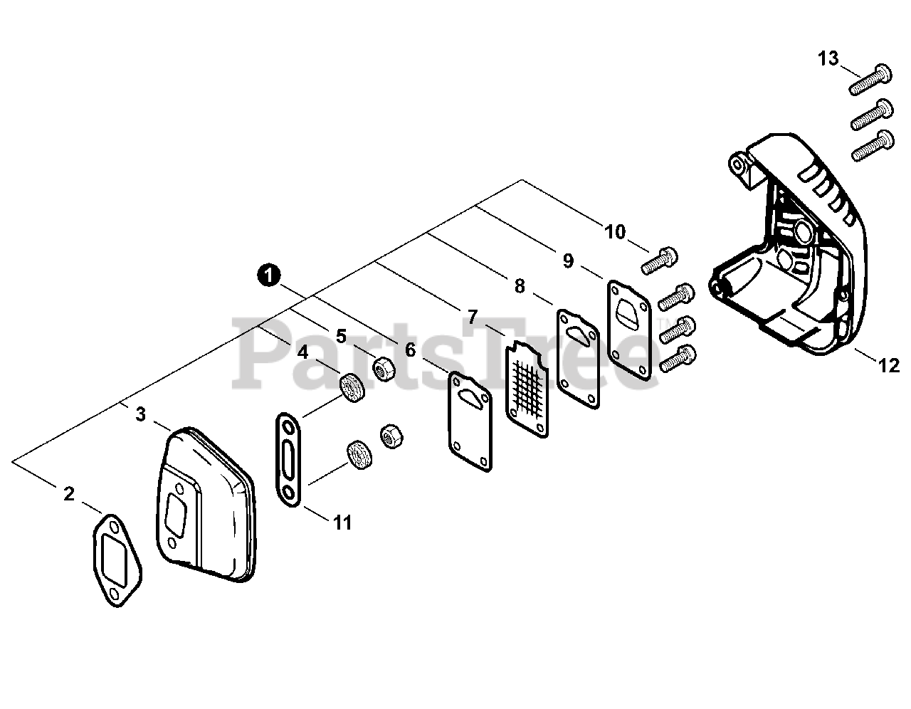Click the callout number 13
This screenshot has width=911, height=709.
click(x=828, y=58)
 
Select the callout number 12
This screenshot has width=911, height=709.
click(x=889, y=366)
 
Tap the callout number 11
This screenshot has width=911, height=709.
click(x=342, y=523)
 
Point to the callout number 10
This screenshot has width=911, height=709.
click(x=615, y=231)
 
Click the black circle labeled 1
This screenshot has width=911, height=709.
click(x=269, y=275)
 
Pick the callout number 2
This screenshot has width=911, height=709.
click(x=68, y=493)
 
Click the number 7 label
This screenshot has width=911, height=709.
click(x=472, y=317)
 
